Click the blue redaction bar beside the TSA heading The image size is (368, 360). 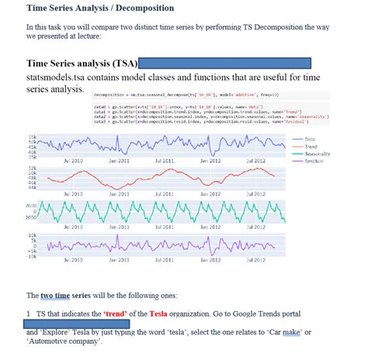[225, 62]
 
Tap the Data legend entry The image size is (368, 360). [300, 138]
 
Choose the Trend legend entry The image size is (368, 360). [301, 146]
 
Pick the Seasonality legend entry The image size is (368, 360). [307, 153]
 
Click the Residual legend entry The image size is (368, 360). [304, 160]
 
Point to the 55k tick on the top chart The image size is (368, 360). [32, 137]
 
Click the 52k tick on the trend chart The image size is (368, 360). [32, 167]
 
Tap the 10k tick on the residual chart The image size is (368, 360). [32, 234]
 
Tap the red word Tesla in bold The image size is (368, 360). [158, 313]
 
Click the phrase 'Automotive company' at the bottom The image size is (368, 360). [65, 342]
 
